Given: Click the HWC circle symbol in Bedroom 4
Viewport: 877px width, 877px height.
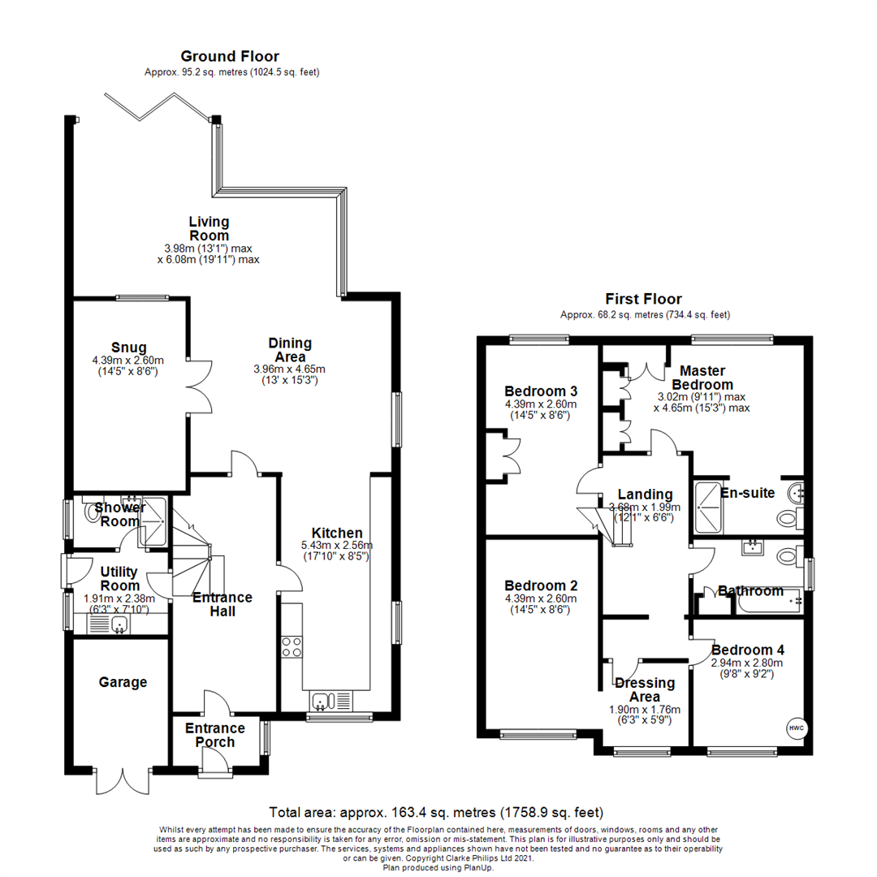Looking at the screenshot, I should pyautogui.click(x=794, y=727).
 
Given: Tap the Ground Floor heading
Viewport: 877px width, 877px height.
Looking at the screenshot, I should pyautogui.click(x=230, y=56).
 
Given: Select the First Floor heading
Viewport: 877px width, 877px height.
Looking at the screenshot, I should pyautogui.click(x=643, y=299).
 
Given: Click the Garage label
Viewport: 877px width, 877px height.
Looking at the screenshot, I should pyautogui.click(x=123, y=682).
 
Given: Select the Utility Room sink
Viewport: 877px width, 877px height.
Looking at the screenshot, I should pyautogui.click(x=119, y=624).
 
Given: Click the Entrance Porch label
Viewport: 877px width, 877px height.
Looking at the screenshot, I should pyautogui.click(x=215, y=735).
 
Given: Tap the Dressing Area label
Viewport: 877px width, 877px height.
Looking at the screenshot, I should pyautogui.click(x=645, y=689).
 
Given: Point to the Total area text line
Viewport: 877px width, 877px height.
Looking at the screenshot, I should pyautogui.click(x=436, y=812).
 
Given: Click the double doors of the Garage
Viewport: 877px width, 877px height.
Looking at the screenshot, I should pyautogui.click(x=123, y=780).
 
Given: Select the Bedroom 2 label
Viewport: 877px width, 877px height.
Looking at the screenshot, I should pyautogui.click(x=540, y=585).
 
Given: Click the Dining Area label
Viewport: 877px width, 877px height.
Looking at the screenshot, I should pyautogui.click(x=290, y=349).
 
